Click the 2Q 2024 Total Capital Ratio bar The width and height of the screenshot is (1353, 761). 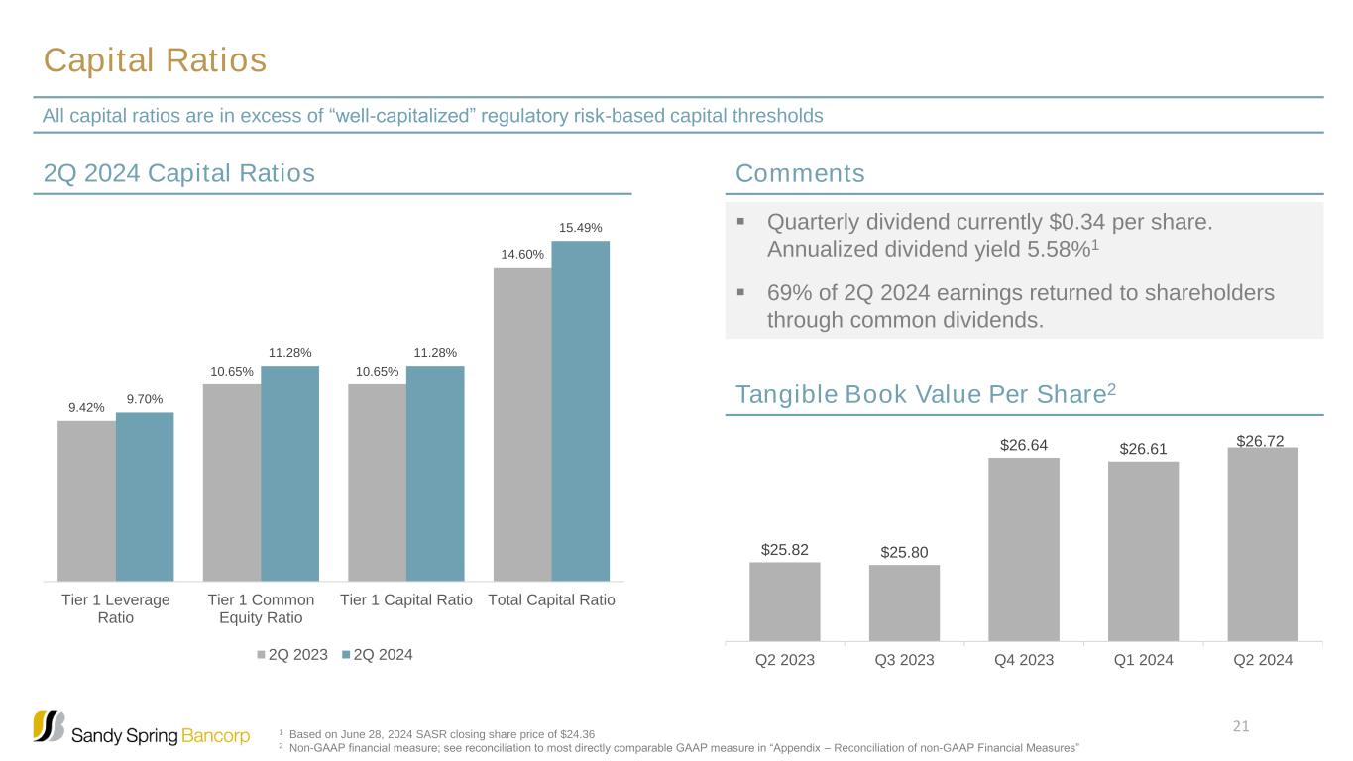(580, 410)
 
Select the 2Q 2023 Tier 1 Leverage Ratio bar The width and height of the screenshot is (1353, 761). (86, 500)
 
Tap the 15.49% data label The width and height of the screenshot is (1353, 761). (580, 228)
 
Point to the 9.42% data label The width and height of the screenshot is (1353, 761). (86, 407)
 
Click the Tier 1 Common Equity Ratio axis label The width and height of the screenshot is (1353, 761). (261, 609)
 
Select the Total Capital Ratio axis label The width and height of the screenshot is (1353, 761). (552, 600)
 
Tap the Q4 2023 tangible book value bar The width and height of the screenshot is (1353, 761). (1023, 549)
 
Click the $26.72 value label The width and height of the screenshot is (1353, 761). (1261, 438)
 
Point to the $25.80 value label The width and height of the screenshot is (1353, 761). (903, 551)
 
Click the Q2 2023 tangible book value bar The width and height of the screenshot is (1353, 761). (784, 601)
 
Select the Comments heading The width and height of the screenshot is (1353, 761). (800, 174)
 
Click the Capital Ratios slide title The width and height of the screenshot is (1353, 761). (155, 61)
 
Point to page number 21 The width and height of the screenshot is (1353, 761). (1239, 728)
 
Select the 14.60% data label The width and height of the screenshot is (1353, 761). (521, 254)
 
